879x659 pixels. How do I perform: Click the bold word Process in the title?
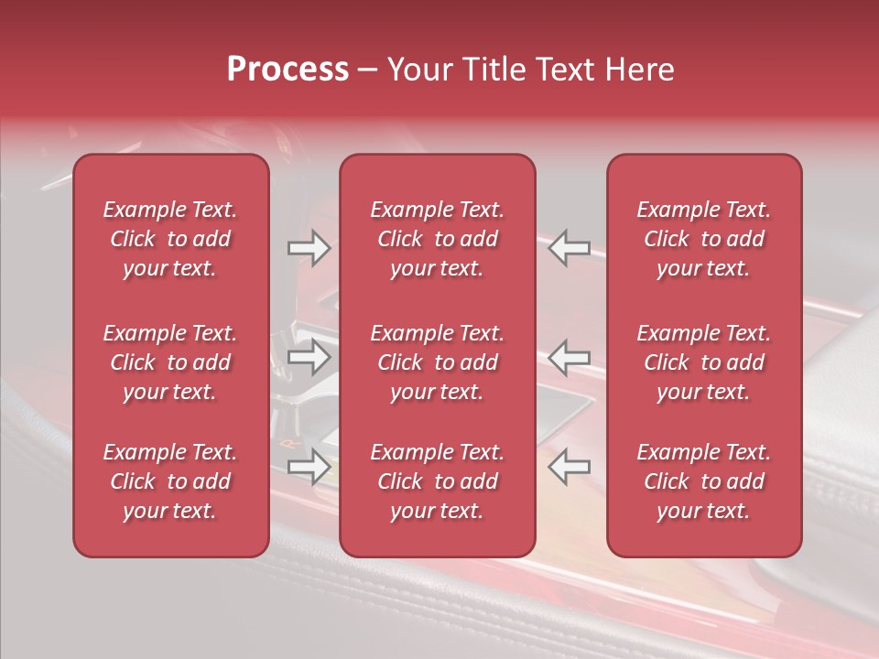[x=288, y=70]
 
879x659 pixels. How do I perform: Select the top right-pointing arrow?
[x=309, y=248]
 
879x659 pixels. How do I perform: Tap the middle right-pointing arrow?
[x=309, y=357]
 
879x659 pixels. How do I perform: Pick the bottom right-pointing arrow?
[x=309, y=467]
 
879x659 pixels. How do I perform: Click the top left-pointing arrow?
[x=569, y=248]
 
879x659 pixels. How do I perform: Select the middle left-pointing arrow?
[x=569, y=357]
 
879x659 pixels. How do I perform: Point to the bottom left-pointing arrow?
[x=569, y=467]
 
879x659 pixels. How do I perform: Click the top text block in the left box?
[x=170, y=239]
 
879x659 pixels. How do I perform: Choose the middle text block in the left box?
[x=170, y=362]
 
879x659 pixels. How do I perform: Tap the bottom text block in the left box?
[x=170, y=481]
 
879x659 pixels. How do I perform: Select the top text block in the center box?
[x=437, y=239]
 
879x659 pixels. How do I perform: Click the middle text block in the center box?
[x=437, y=362]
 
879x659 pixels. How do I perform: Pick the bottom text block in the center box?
[x=437, y=481]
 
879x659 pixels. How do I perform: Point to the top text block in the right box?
[x=703, y=239]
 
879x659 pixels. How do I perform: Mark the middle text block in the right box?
[x=703, y=362]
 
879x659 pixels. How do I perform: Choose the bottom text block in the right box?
[x=703, y=481]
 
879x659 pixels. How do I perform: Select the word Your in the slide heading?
[x=418, y=70]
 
